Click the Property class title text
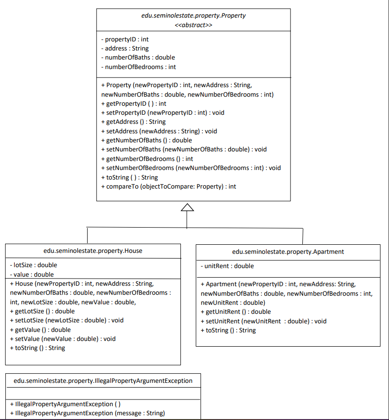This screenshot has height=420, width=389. click(x=193, y=16)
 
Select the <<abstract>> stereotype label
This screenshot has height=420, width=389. click(x=193, y=25)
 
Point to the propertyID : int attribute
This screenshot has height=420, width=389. click(x=125, y=40)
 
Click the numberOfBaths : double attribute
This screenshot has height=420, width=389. click(x=138, y=57)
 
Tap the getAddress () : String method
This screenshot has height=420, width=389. click(x=133, y=122)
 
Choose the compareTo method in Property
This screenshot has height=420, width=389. click(x=169, y=187)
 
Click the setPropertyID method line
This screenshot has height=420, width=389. click(x=163, y=112)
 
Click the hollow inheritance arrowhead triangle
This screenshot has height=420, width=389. click(x=187, y=207)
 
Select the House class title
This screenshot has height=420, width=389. click(x=93, y=250)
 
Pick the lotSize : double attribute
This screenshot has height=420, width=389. click(x=33, y=265)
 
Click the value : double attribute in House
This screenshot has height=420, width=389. click(x=32, y=275)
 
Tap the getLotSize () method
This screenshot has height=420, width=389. click(x=42, y=311)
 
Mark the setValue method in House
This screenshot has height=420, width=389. click(x=63, y=339)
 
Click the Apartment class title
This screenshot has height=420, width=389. click(x=288, y=252)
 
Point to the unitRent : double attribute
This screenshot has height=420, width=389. click(x=227, y=266)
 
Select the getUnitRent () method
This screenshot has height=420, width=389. click(x=236, y=312)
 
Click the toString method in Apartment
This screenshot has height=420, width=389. click(x=228, y=330)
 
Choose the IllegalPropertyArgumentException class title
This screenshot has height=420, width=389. click(x=103, y=380)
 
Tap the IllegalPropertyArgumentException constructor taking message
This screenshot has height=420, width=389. click(x=87, y=413)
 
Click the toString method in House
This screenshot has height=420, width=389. click(x=38, y=348)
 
